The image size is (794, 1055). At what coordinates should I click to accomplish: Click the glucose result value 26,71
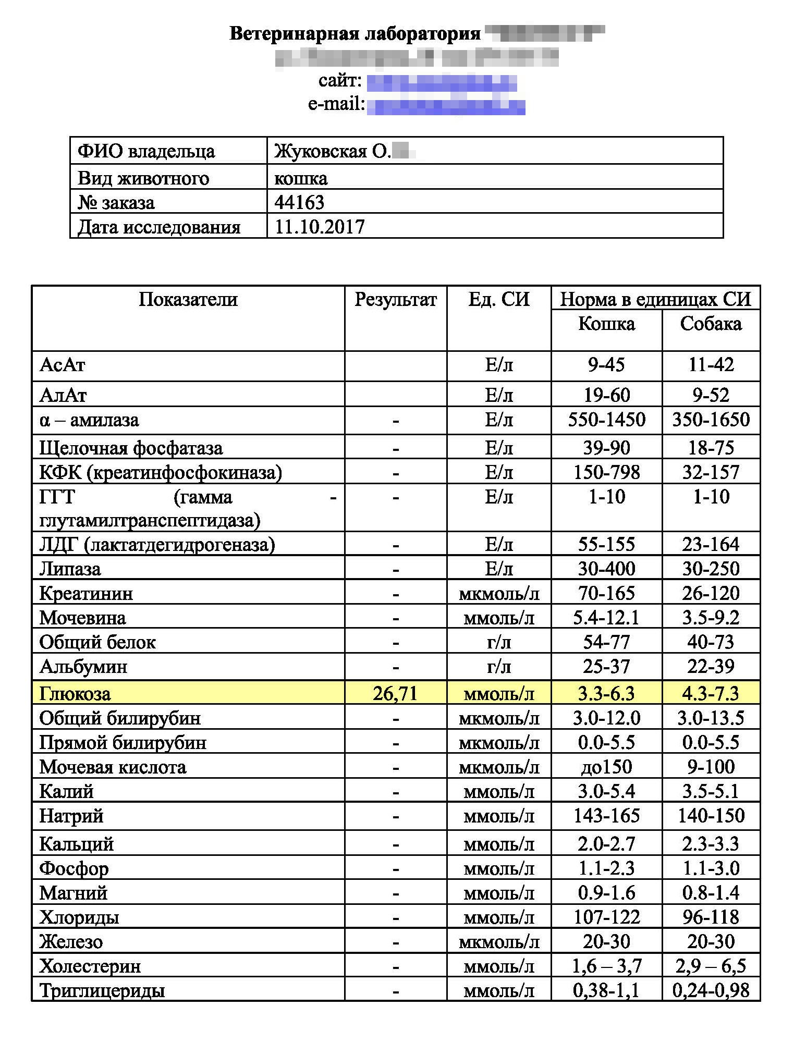(395, 693)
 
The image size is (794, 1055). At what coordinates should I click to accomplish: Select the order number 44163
(299, 202)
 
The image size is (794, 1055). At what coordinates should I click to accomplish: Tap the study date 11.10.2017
(319, 227)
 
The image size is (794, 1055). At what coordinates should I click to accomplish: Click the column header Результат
(395, 300)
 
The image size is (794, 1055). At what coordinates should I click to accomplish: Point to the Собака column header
(711, 324)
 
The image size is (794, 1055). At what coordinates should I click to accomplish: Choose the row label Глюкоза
(75, 694)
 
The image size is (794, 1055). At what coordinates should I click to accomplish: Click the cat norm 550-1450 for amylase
(606, 420)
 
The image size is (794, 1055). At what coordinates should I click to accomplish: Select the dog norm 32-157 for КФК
(711, 472)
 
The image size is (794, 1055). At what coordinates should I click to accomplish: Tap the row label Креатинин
(86, 594)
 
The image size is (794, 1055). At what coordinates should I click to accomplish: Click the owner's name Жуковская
(321, 151)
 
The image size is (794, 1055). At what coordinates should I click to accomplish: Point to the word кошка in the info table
(301, 178)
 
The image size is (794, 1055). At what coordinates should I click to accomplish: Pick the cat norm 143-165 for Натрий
(606, 816)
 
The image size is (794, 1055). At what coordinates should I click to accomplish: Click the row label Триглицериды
(102, 990)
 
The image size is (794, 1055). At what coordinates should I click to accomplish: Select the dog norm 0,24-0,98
(711, 990)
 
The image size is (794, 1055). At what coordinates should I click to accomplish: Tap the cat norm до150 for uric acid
(606, 767)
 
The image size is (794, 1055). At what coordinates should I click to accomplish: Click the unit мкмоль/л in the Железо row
(499, 942)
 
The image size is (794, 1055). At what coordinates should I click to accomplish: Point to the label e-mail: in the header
(336, 104)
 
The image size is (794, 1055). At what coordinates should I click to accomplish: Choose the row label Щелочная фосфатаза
(131, 448)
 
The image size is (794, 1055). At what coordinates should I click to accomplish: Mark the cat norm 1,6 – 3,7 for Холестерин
(606, 966)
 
